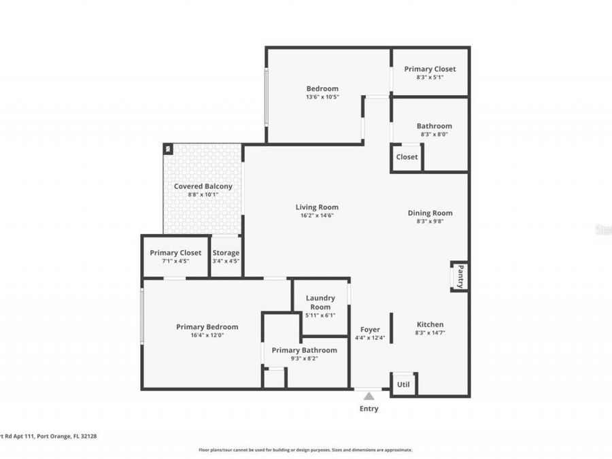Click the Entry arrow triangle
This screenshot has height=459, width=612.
coord(369,396)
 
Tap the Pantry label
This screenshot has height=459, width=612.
coord(460,277)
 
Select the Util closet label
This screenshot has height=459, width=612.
coord(403,385)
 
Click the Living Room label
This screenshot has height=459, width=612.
coord(316,207)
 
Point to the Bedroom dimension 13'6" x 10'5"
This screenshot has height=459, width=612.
coord(322,97)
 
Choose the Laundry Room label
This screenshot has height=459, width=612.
coord(320,303)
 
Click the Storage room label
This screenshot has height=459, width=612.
coord(226,253)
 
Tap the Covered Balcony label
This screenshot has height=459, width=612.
coord(203,186)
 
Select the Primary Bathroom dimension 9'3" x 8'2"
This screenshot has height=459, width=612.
coord(304,358)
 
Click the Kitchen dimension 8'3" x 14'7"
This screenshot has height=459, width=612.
coord(430,333)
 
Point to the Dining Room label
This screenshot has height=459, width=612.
coord(430,213)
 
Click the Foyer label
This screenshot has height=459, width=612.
coord(370,330)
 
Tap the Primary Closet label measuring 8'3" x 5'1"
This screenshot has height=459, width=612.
coord(430,69)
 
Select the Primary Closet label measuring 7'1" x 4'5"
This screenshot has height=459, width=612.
coord(175,253)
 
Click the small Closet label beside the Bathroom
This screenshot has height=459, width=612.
coord(407,157)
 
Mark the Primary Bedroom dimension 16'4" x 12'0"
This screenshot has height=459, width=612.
coord(207,335)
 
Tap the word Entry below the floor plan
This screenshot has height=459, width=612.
coord(369,409)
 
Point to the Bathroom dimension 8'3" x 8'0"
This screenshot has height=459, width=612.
coord(434,134)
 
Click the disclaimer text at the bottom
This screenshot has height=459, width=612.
coord(305,449)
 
